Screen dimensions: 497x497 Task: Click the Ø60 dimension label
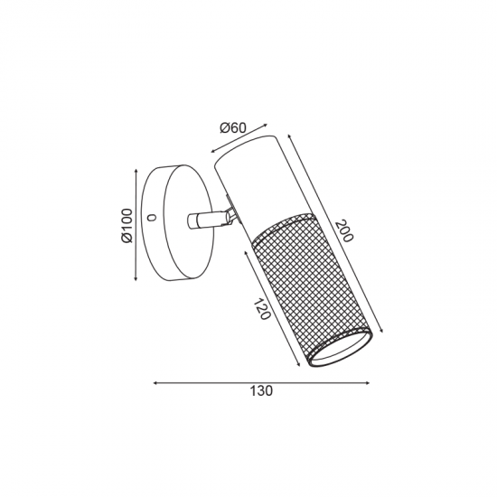click(233, 128)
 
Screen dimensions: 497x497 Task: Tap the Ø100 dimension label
click(127, 225)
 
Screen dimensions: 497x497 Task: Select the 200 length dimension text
click(344, 230)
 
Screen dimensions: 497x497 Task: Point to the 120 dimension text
click(262, 309)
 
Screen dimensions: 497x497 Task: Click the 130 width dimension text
click(261, 391)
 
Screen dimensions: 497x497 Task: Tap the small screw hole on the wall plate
click(152, 218)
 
